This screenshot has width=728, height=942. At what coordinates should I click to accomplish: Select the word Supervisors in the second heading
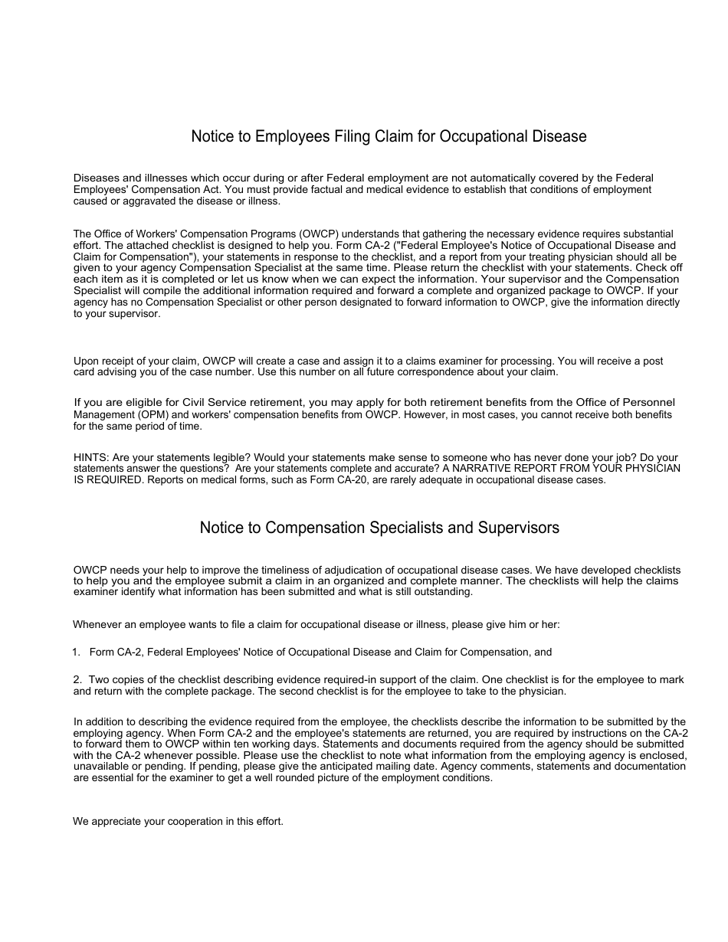(x=519, y=528)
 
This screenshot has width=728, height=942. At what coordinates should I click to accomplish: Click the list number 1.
(x=76, y=653)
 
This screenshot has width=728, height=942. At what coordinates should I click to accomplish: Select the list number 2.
(x=77, y=680)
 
